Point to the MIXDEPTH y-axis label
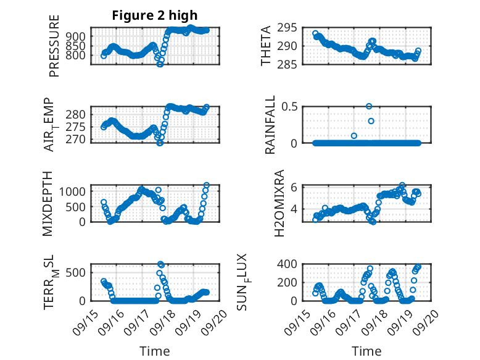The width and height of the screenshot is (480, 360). (48, 203)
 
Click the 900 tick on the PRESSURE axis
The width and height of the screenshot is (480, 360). (80, 37)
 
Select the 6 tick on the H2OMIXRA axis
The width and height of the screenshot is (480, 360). (296, 187)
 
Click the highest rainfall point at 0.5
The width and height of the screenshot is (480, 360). (369, 106)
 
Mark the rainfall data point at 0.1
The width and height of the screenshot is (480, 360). (354, 136)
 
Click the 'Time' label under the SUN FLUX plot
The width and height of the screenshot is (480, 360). (366, 351)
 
